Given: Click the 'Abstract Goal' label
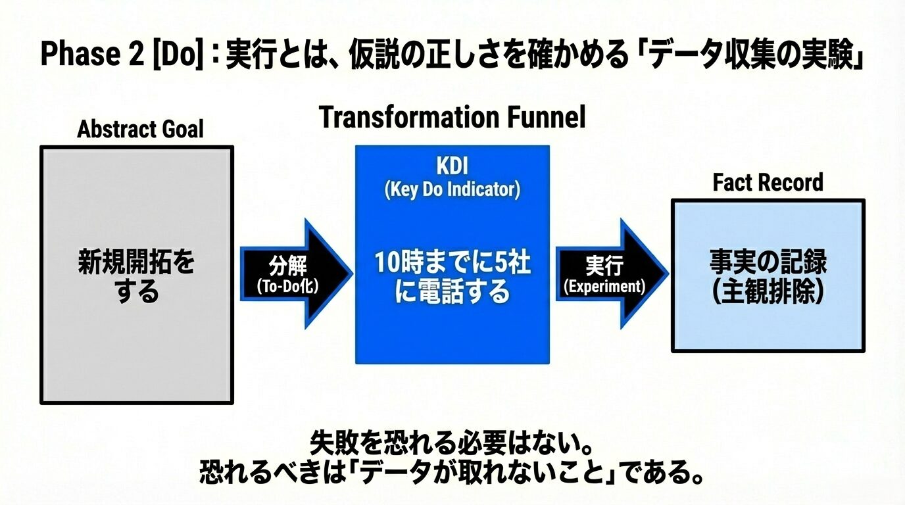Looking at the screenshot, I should [x=140, y=130].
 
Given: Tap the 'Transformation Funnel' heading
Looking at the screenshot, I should [x=452, y=118].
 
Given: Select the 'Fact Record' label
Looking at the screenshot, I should [x=768, y=182].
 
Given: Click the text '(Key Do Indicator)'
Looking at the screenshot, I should [x=452, y=190].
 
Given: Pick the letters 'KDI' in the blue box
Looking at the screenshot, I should [x=452, y=166].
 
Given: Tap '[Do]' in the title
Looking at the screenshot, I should [x=176, y=55].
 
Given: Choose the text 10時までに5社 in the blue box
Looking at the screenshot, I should [x=452, y=263].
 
